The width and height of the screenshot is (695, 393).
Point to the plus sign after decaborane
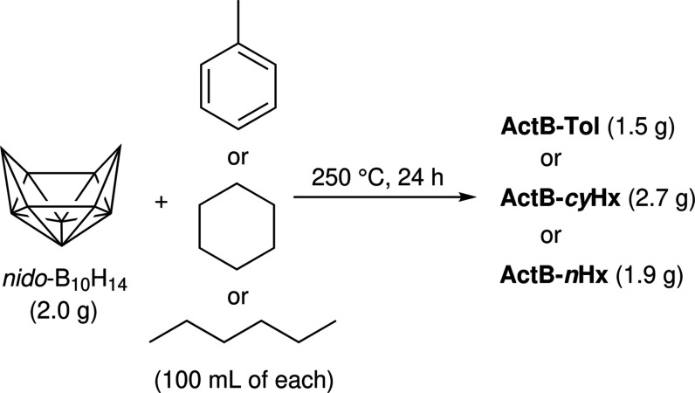161,203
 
